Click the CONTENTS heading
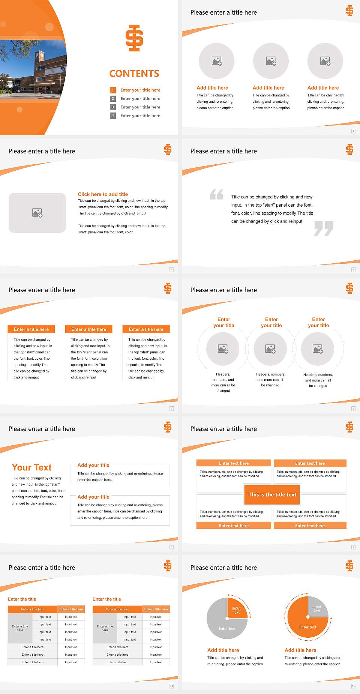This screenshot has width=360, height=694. pos(134,74)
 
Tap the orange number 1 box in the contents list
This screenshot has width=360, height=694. pos(112,90)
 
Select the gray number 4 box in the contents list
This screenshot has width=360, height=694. pos(112,116)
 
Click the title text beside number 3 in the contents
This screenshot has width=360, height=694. pos(140,107)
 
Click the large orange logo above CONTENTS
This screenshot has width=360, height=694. pos(134,38)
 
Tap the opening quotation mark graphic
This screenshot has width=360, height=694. pos(216,194)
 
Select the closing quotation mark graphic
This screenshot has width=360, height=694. pos(324,228)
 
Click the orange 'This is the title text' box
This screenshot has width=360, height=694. pos(272,494)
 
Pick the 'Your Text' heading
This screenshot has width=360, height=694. pos(32,467)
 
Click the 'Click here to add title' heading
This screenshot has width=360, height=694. pos(103,194)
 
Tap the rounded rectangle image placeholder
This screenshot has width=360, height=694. pos(37,213)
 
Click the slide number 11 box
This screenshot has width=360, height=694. pos(353,686)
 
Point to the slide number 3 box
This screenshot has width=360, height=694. pos(353,131)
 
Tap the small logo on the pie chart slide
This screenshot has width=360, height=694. pos(349,566)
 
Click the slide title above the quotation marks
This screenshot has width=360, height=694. pos(223,151)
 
